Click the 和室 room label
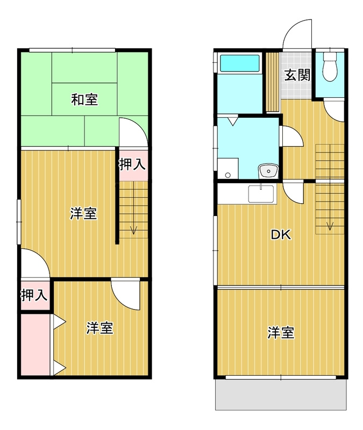click(x=86, y=99)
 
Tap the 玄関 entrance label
click(x=297, y=75)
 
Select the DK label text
click(x=280, y=234)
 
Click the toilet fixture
click(x=329, y=67)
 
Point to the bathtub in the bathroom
click(x=240, y=63)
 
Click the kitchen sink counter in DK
click(x=261, y=193)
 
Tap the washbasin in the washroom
click(x=267, y=171)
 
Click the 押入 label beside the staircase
click(x=132, y=164)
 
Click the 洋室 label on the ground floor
click(x=281, y=333)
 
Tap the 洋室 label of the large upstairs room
click(x=83, y=213)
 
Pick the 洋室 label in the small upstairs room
click(x=100, y=328)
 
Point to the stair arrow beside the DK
click(x=330, y=225)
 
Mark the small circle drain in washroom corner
click(x=227, y=175)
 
